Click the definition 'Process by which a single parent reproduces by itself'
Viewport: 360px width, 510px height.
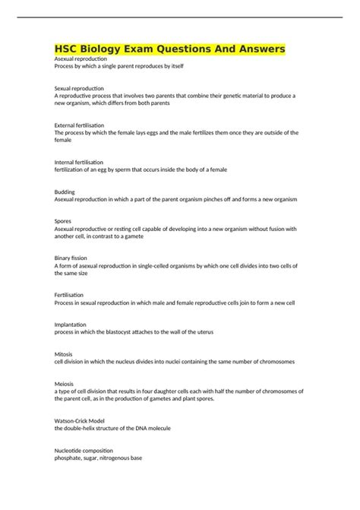click(119, 66)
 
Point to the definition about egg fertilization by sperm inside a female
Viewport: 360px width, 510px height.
click(141, 169)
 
